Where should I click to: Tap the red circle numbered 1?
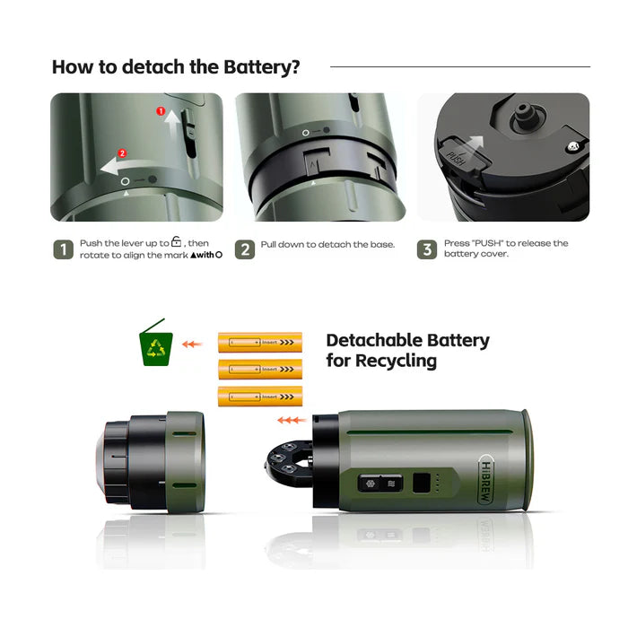(161, 112)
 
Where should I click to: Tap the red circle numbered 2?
(122, 153)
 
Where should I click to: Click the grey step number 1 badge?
(63, 249)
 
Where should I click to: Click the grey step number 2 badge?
(245, 249)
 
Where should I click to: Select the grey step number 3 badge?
(427, 249)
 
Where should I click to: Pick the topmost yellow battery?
(260, 342)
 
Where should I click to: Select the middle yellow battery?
(260, 369)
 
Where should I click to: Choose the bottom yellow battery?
(260, 396)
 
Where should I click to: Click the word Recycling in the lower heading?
(394, 362)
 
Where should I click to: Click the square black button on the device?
(421, 484)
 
